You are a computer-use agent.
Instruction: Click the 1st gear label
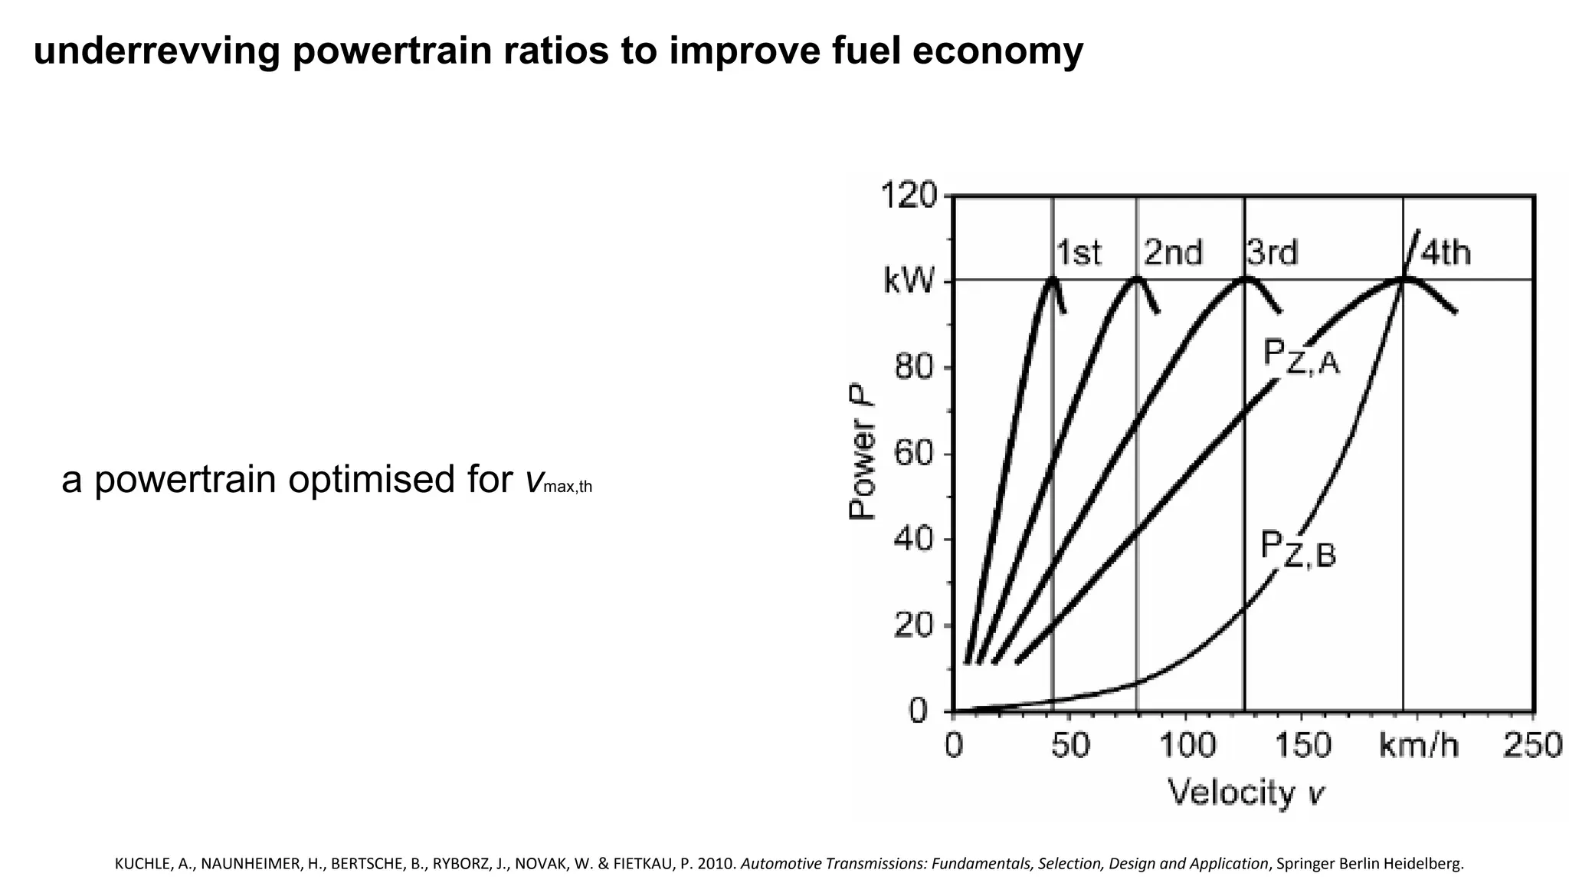point(1079,252)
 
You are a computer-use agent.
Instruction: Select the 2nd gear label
point(1173,252)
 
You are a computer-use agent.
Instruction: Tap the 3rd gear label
point(1273,252)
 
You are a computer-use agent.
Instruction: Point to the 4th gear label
point(1446,252)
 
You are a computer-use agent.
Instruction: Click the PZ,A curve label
point(1301,358)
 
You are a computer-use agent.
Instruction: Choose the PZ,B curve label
point(1298,550)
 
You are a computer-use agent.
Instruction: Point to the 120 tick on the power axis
point(909,195)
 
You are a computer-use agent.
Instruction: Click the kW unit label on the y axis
point(909,281)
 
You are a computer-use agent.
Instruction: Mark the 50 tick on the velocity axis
point(1069,744)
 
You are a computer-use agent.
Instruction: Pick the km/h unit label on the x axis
point(1418,744)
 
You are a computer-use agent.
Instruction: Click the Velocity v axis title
point(1245,792)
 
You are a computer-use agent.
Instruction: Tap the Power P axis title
point(863,452)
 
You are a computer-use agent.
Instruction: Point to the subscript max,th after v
point(567,487)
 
